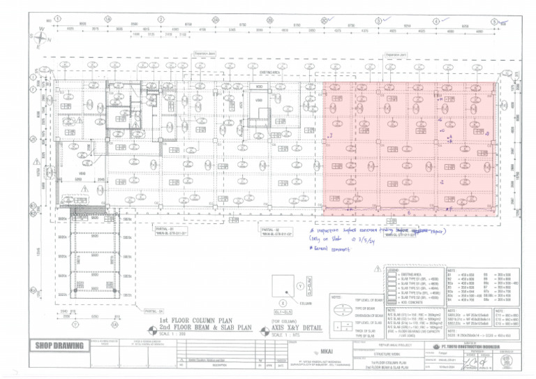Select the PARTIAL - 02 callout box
point(277,231)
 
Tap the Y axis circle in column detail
point(301,286)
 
